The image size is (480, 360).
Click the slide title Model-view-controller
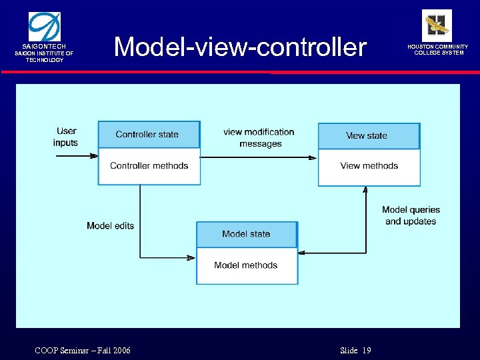pos(240,47)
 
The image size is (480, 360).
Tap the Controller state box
pos(148,134)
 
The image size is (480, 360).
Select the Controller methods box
pos(149,166)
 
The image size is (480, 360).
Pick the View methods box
pos(369,166)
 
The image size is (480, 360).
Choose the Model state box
pos(246,234)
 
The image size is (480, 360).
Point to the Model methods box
pos(246,265)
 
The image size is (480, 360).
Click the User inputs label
pos(66,137)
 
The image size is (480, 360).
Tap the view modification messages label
pos(259,138)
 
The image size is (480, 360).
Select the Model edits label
pos(110,226)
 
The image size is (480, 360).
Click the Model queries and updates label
pos(411,215)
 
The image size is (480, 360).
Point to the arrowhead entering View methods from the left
pos(313,157)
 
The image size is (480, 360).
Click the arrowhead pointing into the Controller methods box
pos(94,157)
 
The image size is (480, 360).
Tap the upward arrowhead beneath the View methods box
pos(365,190)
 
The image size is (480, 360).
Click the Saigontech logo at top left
pos(43,27)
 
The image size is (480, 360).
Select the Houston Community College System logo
pos(437,25)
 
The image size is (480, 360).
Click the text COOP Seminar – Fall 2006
pos(83,351)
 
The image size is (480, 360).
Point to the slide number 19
pos(367,351)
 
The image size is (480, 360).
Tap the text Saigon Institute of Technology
pos(45,57)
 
